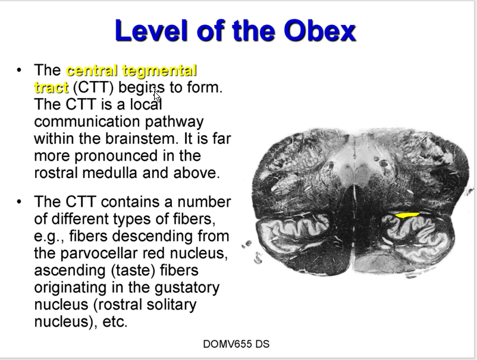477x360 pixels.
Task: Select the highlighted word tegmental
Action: [161, 71]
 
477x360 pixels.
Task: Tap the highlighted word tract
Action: [51, 87]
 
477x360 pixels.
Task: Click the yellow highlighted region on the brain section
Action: [407, 215]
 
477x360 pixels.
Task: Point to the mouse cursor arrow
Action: [156, 94]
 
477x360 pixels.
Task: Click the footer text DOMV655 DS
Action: [236, 344]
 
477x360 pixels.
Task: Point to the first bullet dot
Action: [19, 71]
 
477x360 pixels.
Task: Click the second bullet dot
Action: [19, 202]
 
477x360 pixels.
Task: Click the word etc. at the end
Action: [115, 323]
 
